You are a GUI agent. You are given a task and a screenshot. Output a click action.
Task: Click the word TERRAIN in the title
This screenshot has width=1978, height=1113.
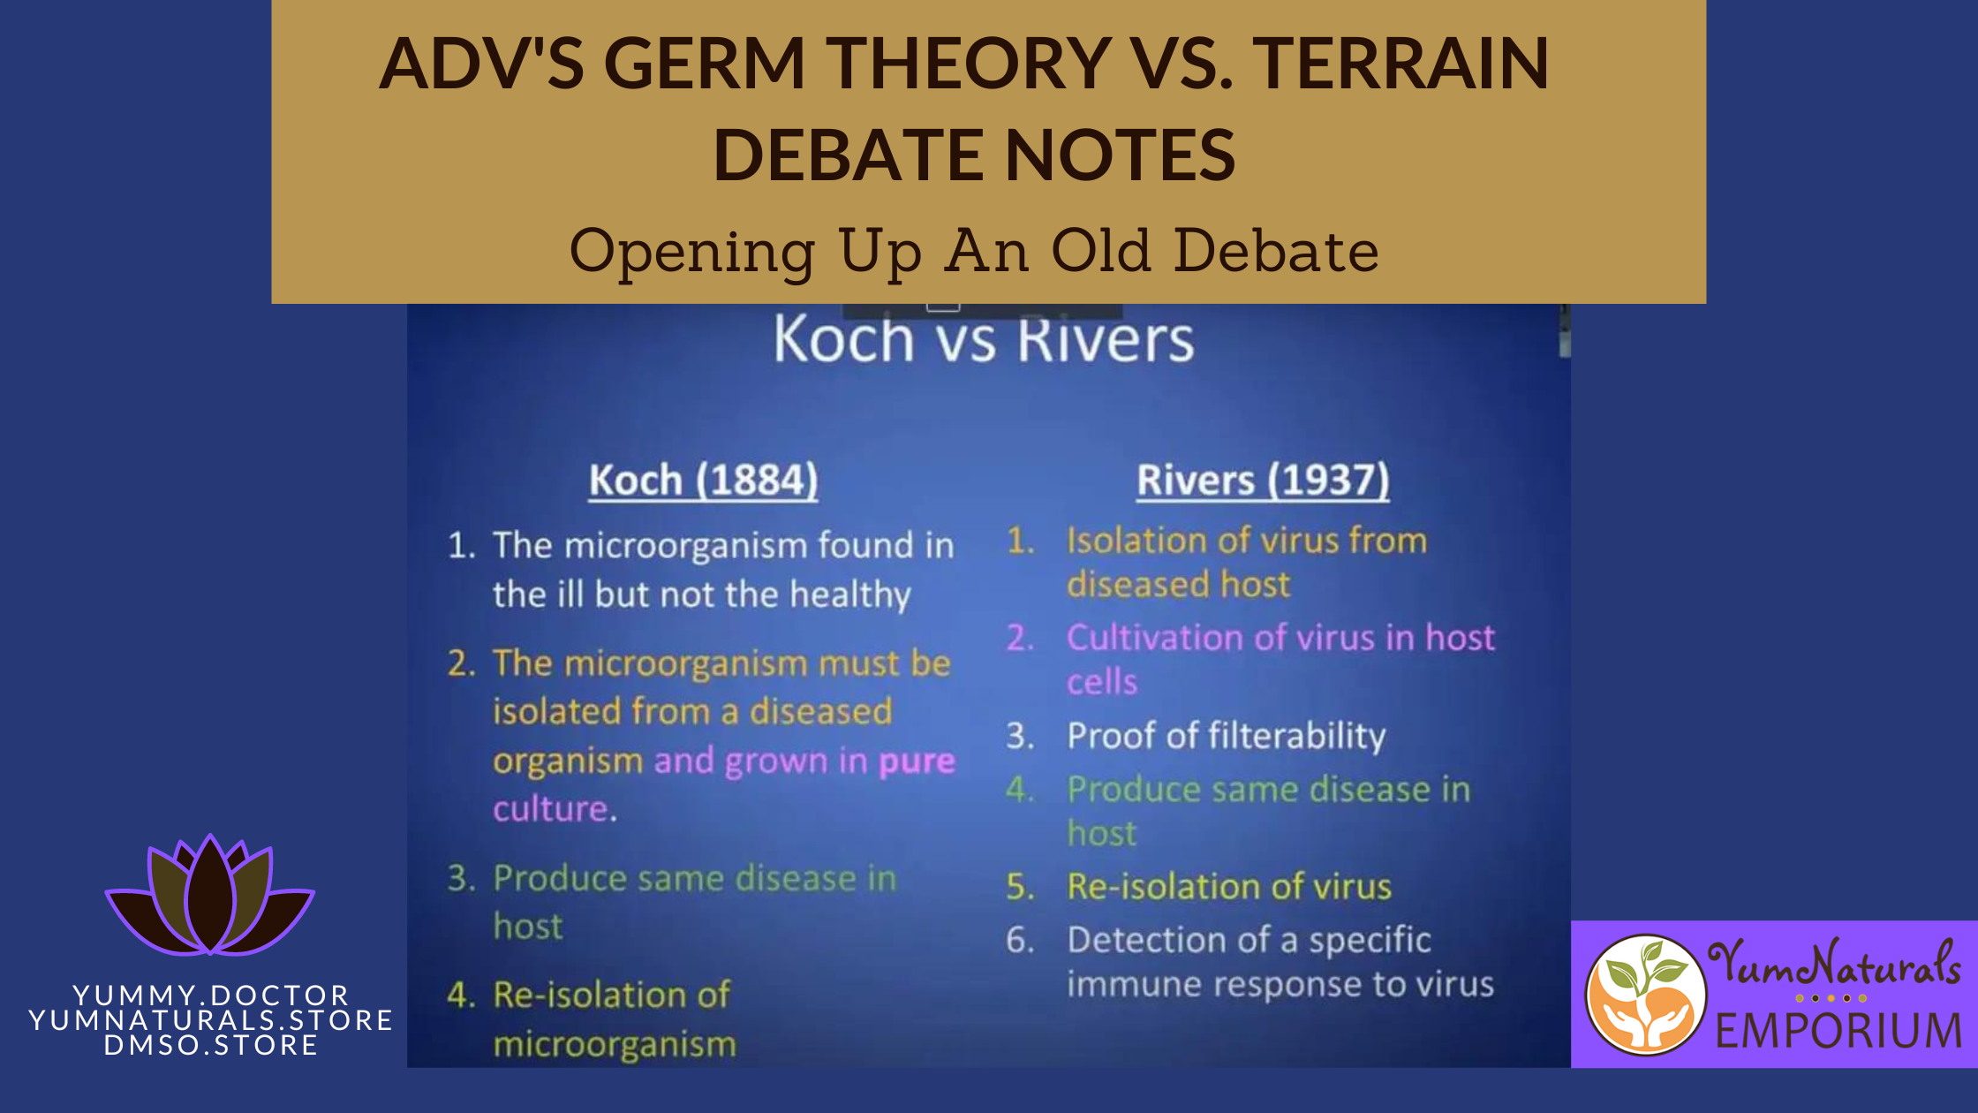(x=1400, y=63)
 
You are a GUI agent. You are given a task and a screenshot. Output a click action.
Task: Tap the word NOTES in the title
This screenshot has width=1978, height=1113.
(x=1121, y=155)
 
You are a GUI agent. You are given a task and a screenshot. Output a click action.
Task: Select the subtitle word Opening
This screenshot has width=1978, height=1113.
(x=693, y=253)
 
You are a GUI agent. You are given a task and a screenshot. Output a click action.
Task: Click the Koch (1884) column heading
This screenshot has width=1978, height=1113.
(x=704, y=481)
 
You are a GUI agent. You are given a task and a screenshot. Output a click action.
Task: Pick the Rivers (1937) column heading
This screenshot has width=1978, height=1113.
(x=1263, y=481)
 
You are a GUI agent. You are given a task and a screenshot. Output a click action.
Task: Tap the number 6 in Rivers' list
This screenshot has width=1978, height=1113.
(x=1020, y=940)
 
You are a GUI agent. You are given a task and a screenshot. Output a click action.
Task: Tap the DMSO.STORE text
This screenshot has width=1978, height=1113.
(x=211, y=1045)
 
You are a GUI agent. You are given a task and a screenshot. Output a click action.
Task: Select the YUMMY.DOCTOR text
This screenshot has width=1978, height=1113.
(x=211, y=996)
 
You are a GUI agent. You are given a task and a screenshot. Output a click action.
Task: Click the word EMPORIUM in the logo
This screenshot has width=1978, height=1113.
(x=1839, y=1031)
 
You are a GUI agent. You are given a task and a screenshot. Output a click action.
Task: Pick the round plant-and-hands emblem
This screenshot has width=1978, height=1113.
(x=1646, y=995)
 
